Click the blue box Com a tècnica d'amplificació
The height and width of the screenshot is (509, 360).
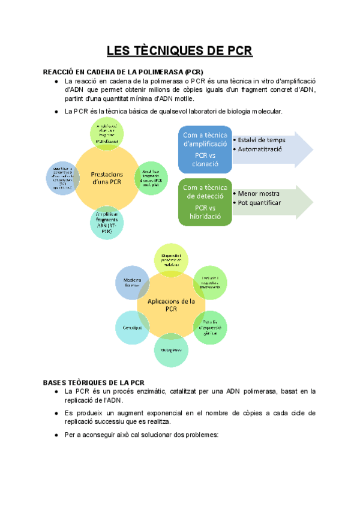pos(205,149)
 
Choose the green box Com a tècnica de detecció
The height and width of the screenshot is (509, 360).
pos(205,202)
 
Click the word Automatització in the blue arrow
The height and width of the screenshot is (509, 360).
pos(262,149)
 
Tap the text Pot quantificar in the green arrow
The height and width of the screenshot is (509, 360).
pos(259,203)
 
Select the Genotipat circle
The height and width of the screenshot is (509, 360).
pos(131,329)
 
